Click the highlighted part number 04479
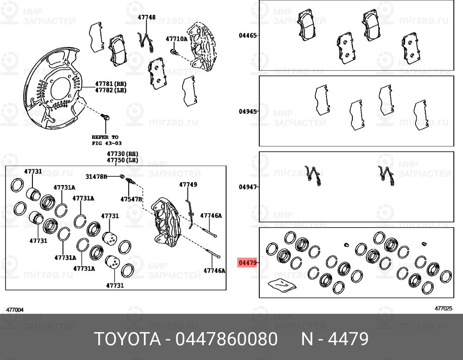click(247, 262)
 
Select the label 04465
click(247, 36)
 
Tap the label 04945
click(247, 111)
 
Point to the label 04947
click(247, 187)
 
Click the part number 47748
click(146, 17)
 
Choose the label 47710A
click(176, 39)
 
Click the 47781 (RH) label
click(111, 84)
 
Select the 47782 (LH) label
click(111, 90)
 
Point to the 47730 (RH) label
click(123, 154)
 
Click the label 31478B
click(96, 176)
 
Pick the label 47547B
click(131, 199)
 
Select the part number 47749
click(188, 185)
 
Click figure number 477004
click(15, 310)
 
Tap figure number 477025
click(443, 309)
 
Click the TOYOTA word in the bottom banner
click(128, 339)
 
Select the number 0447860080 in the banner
click(226, 339)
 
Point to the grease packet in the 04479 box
click(282, 286)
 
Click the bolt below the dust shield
click(105, 117)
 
